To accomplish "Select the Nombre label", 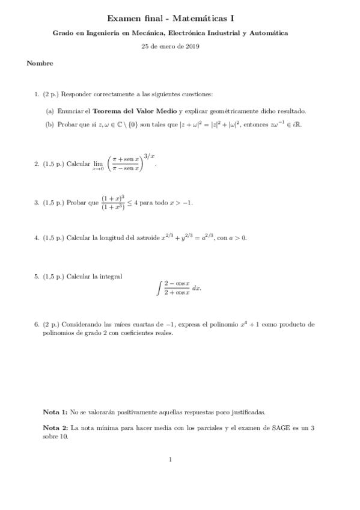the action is (40, 63).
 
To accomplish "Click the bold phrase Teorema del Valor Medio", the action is (133, 111).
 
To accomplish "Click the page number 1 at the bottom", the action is (171, 461).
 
